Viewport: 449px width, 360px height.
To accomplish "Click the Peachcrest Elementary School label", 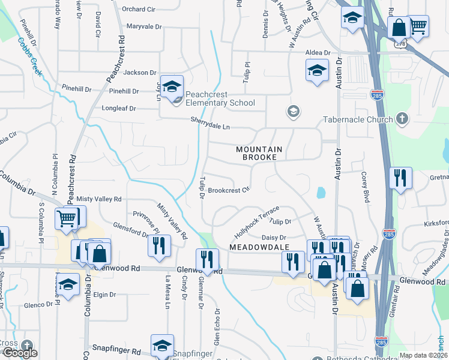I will click(215, 98).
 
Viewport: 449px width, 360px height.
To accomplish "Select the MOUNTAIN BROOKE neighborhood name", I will click(256, 152).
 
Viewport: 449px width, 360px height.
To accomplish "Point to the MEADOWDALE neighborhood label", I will click(258, 247).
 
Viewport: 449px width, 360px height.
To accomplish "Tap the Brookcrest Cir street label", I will click(229, 191).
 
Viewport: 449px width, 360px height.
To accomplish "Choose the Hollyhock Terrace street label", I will click(258, 220).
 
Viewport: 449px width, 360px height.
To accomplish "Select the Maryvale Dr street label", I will click(145, 26).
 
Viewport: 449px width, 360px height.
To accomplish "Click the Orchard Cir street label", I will click(139, 9).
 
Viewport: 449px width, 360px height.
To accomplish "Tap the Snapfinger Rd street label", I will click(116, 349).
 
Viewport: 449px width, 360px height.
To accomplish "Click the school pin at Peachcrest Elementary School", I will click(172, 88).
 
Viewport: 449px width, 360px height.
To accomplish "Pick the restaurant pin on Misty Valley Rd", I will click(159, 246).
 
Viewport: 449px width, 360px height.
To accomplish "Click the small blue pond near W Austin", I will click(321, 193).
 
